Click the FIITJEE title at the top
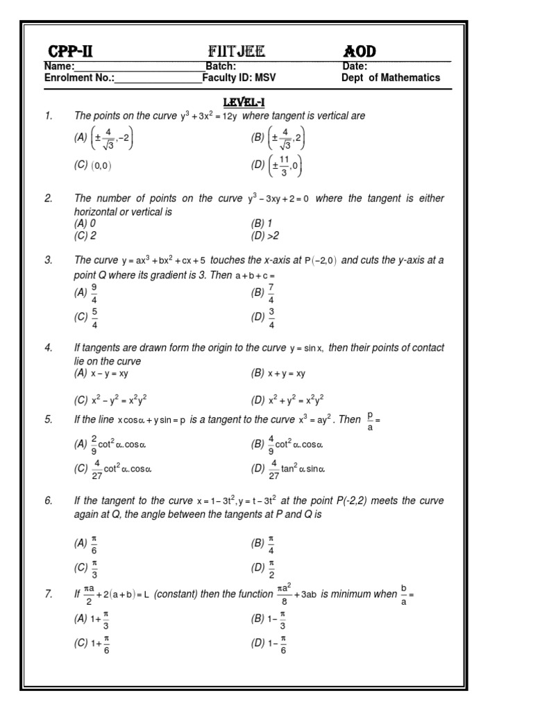pos(236,51)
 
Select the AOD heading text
pos(360,51)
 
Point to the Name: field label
pos(59,67)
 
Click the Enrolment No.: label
pos(79,78)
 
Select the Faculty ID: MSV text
pos(239,78)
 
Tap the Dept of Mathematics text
pos(390,78)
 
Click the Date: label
pos(355,67)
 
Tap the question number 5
pos(49,419)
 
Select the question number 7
pos(49,594)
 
